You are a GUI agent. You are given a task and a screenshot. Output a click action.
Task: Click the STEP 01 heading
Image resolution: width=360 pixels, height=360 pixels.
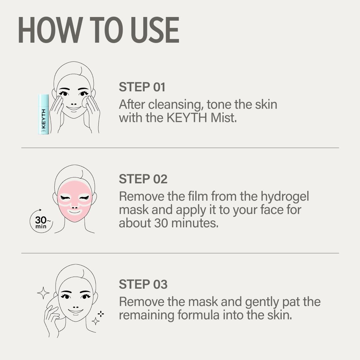142,87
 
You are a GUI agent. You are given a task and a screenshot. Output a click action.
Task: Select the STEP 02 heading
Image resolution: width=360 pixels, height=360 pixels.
143,179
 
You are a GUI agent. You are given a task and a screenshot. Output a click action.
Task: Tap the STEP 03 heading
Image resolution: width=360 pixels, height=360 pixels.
143,284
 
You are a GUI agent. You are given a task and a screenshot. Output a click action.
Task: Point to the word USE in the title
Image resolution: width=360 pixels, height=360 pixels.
156,30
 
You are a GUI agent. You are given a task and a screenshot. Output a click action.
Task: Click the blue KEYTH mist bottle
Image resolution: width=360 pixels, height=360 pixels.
44,114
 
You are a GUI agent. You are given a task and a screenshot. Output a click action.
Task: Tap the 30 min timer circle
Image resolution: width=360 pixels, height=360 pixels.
41,222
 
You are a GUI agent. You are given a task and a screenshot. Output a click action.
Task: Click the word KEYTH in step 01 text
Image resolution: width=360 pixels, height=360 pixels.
187,118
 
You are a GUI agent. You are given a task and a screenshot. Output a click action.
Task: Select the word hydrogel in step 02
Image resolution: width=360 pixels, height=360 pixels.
285,197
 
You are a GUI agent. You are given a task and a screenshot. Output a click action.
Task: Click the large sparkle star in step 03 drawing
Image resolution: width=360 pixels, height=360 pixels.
43,293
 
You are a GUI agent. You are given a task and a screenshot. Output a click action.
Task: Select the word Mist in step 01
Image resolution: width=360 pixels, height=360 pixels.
224,118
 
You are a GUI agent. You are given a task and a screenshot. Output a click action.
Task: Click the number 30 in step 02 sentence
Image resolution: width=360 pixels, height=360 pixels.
161,223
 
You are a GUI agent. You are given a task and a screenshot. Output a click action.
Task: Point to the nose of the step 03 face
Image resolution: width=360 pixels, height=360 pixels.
76,307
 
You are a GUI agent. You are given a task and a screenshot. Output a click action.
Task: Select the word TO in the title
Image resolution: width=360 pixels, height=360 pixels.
108,30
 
